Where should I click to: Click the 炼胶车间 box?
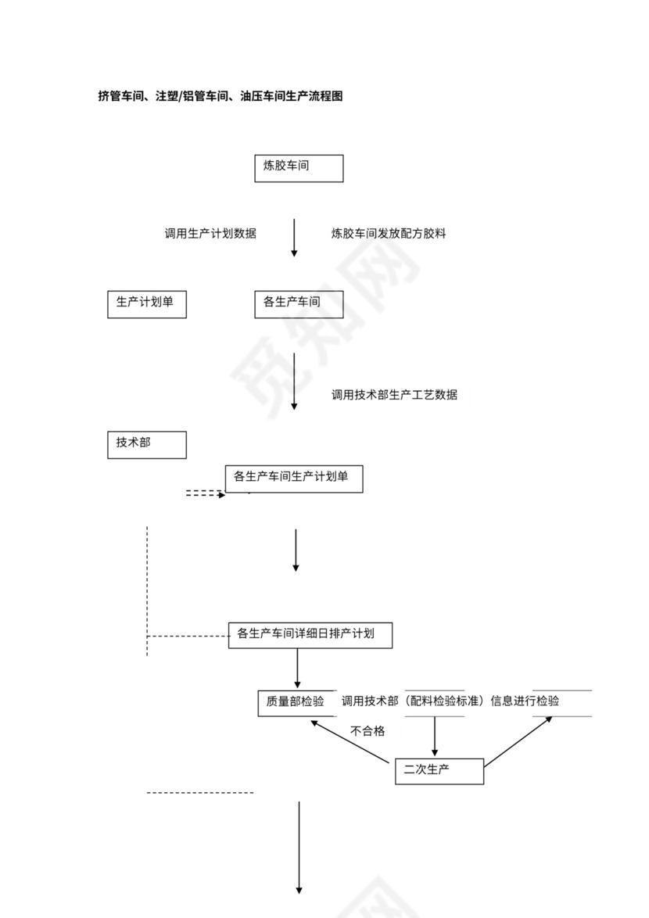[x=298, y=168]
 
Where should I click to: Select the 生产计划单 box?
[x=146, y=304]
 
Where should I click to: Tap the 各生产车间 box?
[x=298, y=304]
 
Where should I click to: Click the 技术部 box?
[x=146, y=444]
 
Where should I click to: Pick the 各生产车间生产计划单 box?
[x=294, y=479]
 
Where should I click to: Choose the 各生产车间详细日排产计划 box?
[x=310, y=635]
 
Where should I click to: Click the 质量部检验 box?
[x=296, y=703]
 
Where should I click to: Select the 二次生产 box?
[x=439, y=771]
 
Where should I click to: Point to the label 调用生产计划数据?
[x=210, y=234]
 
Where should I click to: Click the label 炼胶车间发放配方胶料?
[x=389, y=234]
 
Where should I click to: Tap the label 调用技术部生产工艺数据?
[x=394, y=395]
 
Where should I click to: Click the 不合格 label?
[x=368, y=732]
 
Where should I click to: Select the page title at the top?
[x=220, y=97]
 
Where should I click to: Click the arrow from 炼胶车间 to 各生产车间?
[x=295, y=238]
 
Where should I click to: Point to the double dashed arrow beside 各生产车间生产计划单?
[x=205, y=494]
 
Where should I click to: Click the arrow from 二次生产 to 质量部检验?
[x=350, y=742]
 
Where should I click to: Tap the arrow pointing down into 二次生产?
[x=435, y=737]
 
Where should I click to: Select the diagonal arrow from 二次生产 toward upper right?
[x=518, y=740]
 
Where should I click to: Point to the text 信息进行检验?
[x=525, y=701]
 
